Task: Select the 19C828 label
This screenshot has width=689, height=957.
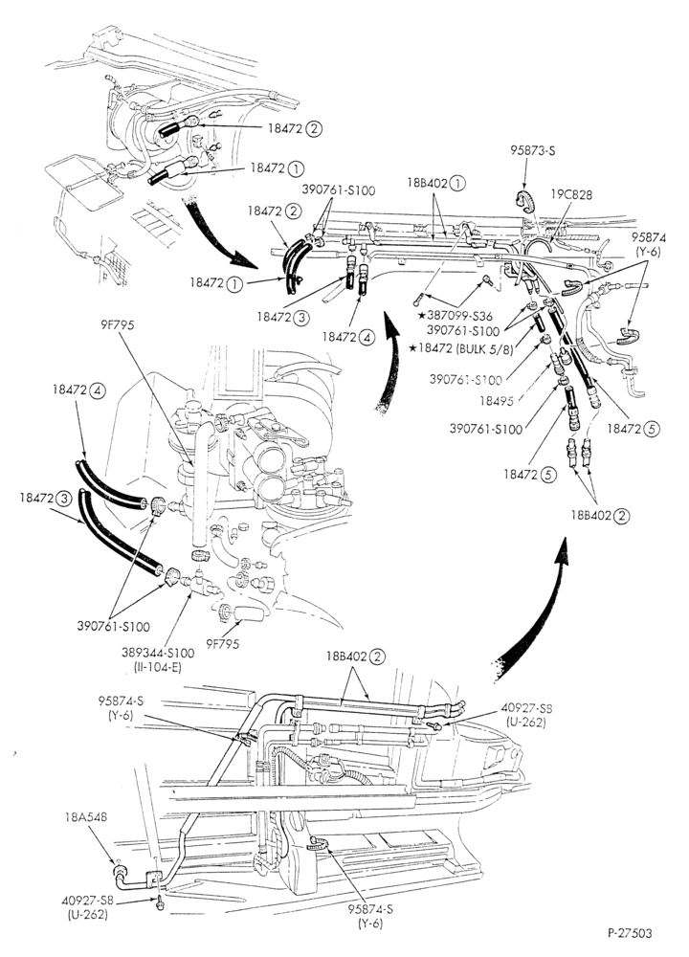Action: coord(572,194)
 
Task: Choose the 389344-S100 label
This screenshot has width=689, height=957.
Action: coord(158,653)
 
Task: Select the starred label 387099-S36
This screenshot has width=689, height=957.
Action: coord(457,316)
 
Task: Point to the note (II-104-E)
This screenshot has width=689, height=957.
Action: coord(158,667)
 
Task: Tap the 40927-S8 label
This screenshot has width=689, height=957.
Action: coord(85,900)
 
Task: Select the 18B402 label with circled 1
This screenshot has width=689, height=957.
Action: coord(436,183)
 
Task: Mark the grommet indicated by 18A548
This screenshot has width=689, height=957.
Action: coord(119,870)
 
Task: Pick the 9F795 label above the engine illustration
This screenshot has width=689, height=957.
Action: coord(117,326)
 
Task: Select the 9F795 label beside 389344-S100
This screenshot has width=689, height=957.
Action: coord(222,643)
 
